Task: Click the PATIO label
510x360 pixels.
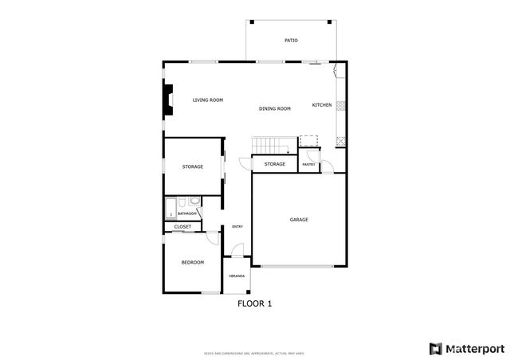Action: point(291,40)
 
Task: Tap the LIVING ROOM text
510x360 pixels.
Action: point(208,100)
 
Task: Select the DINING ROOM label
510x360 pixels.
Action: point(274,108)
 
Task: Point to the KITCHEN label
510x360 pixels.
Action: point(322,105)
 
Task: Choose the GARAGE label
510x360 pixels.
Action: point(299,220)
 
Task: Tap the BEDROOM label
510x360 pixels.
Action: point(192,263)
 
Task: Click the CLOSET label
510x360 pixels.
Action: point(182,227)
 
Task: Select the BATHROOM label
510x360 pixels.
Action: point(187,213)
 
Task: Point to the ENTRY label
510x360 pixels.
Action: point(237,227)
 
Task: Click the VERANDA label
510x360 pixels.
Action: point(237,276)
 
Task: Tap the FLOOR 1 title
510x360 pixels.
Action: point(255,303)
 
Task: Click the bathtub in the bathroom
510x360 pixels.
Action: point(170,209)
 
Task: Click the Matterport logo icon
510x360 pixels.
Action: point(434,348)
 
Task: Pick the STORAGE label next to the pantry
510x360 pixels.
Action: point(275,164)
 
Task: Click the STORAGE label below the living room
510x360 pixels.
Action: point(192,166)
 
